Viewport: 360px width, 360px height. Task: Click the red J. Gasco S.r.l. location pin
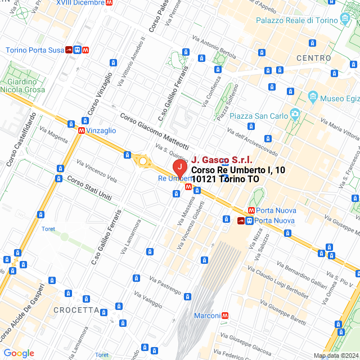[179, 167]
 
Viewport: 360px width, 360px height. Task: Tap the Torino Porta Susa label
[35, 50]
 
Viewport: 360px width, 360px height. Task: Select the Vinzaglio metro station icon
[82, 130]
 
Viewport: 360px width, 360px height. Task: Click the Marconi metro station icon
[225, 316]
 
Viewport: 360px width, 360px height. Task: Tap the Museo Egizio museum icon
[313, 98]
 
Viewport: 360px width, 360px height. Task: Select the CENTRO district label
[313, 58]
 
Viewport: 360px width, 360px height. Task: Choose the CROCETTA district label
[76, 310]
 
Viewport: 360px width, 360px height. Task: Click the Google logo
[19, 353]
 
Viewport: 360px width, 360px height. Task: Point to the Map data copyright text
[335, 355]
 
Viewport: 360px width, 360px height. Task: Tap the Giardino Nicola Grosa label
[22, 85]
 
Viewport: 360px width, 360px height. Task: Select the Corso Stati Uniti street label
[89, 188]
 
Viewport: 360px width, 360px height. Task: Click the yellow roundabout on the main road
[143, 162]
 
